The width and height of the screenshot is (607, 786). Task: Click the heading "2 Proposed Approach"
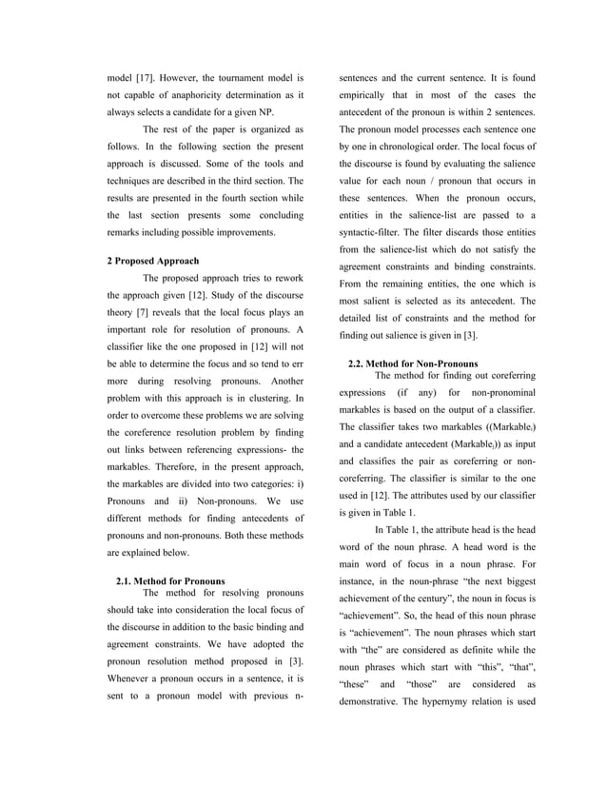[156, 260]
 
